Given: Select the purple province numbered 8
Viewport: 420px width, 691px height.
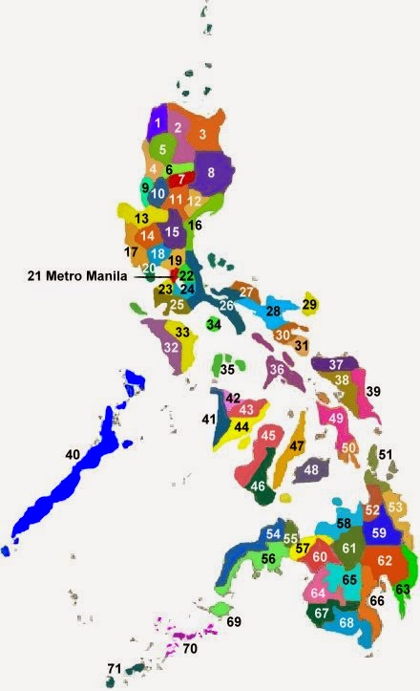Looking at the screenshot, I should coord(212,173).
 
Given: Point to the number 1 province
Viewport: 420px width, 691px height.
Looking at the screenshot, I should coord(155,122).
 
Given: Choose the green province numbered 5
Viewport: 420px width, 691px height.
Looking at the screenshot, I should coord(163,149).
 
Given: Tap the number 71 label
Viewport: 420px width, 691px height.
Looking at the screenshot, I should coord(115,669).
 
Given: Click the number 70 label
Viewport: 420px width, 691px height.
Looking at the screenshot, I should coord(189,650).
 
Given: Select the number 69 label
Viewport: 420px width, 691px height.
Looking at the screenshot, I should coord(235,622).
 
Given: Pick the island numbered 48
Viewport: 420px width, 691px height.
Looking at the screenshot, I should coord(311,470).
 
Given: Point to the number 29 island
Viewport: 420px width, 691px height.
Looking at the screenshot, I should coord(309,305).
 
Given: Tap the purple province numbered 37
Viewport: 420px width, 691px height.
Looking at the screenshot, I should coord(335,365).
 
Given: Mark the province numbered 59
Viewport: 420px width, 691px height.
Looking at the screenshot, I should coord(379,533).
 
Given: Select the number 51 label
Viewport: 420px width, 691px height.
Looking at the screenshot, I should coord(385,455).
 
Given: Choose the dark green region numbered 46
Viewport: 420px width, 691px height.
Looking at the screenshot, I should coord(258,486).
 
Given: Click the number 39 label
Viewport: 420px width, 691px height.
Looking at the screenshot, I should coord(373,392).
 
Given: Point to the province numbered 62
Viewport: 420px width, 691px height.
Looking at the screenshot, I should coord(384,560).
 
